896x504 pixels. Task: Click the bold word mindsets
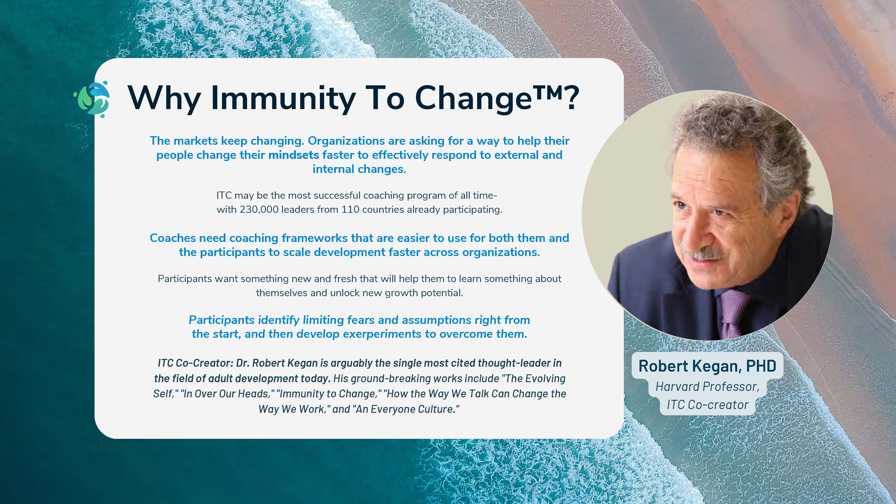pos(294,155)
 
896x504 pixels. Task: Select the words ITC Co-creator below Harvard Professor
pos(707,405)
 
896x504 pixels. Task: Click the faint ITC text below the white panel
pos(103,447)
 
